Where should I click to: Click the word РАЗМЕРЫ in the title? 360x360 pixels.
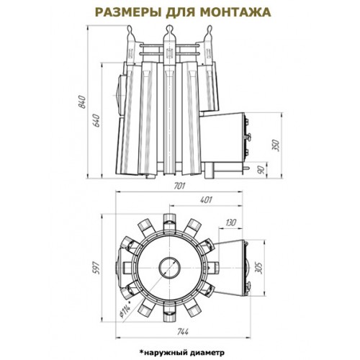(129, 12)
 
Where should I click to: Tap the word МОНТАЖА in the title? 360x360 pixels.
(236, 12)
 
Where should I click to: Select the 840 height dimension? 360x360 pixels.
(82, 102)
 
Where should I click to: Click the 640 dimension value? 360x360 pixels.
(96, 121)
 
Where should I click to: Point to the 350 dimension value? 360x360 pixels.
(277, 145)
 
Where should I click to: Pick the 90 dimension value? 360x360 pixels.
(262, 170)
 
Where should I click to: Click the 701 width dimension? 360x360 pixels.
(179, 186)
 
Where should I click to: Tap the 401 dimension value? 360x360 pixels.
(206, 199)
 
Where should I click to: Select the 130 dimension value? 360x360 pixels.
(230, 222)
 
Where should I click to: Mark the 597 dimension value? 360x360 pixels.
(96, 269)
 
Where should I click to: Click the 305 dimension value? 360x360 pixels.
(259, 268)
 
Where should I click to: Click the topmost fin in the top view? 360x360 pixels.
(170, 220)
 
